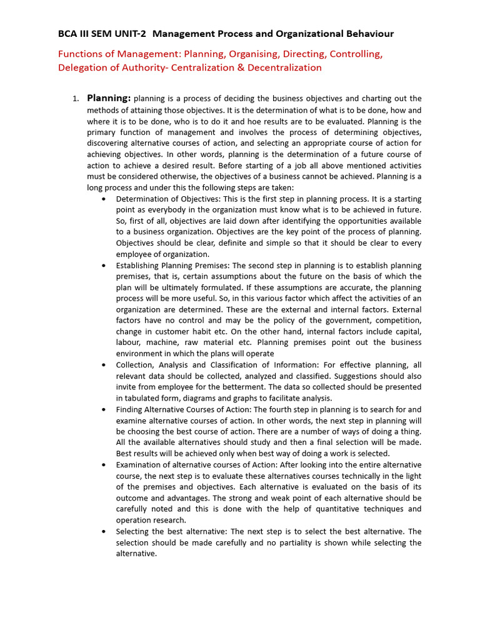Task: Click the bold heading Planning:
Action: (x=109, y=98)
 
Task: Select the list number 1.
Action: (x=75, y=99)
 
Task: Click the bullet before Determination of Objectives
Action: (x=103, y=199)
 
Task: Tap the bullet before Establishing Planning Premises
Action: (x=103, y=265)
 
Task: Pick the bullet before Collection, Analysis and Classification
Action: (x=103, y=364)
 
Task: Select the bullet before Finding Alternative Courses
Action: (x=103, y=409)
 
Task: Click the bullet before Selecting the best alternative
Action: (x=103, y=531)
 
